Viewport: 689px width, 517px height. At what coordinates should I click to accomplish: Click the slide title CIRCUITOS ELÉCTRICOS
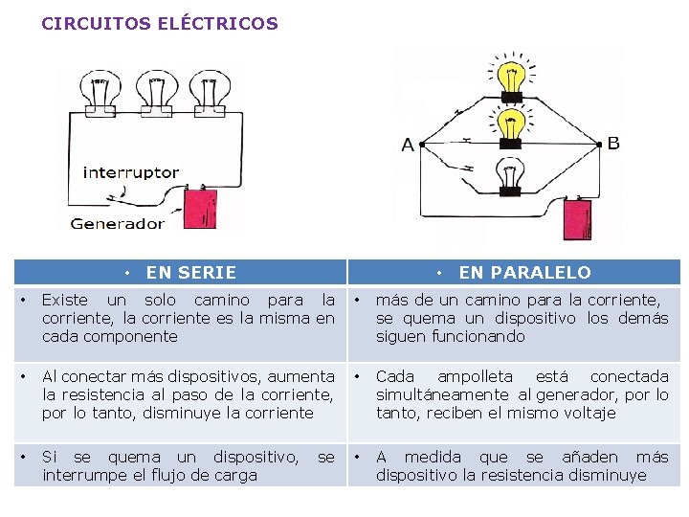160,23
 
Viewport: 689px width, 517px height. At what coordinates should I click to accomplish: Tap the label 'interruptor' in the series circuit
131,173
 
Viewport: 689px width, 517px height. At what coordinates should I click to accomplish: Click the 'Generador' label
117,224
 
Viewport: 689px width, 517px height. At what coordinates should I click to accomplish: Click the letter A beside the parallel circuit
409,146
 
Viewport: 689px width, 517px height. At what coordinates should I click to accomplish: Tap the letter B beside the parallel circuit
613,144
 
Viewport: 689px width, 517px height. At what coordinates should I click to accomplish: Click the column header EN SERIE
190,273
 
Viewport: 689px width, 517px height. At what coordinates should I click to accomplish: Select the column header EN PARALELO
524,273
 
